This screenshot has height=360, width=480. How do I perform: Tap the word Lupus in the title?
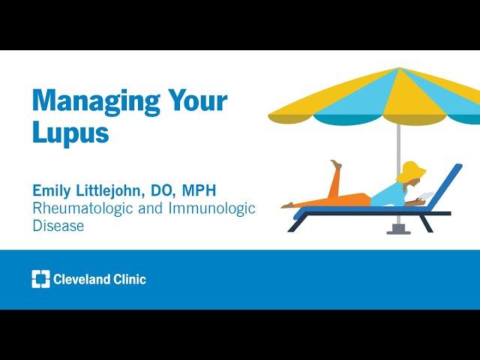pyautogui.click(x=70, y=132)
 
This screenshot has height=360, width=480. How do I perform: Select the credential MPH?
pyautogui.click(x=199, y=190)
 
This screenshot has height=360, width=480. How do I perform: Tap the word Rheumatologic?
pyautogui.click(x=82, y=208)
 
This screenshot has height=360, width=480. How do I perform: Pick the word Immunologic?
pyautogui.click(x=211, y=208)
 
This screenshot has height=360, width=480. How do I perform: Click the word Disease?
pyautogui.click(x=58, y=226)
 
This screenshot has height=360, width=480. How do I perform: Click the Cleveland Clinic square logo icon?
pyautogui.click(x=40, y=279)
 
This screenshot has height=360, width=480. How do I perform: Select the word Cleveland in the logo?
pyautogui.click(x=82, y=279)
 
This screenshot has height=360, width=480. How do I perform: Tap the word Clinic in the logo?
pyautogui.click(x=130, y=279)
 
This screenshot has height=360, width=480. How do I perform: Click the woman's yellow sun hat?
pyautogui.click(x=411, y=172)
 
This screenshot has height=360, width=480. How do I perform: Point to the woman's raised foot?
pyautogui.click(x=336, y=164)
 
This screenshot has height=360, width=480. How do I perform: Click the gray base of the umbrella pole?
pyautogui.click(x=398, y=229)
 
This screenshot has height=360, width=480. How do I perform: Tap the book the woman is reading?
pyautogui.click(x=427, y=196)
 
